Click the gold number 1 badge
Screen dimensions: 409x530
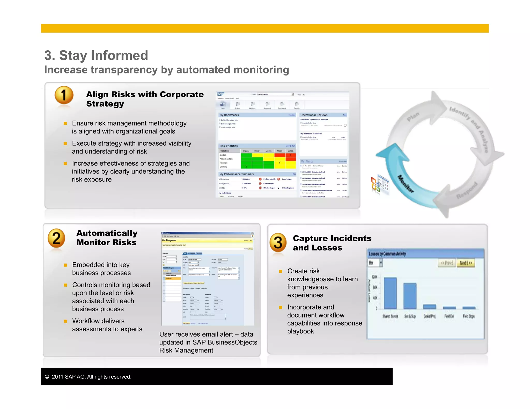click(x=64, y=95)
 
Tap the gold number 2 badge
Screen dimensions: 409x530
click(x=56, y=238)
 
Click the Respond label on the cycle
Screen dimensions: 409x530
click(x=467, y=191)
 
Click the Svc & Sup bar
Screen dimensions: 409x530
click(x=410, y=296)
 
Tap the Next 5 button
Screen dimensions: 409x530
click(x=466, y=263)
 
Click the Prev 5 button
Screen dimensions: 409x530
click(x=447, y=263)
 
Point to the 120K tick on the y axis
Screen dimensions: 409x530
click(x=374, y=277)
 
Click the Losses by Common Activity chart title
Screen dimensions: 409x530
click(x=387, y=254)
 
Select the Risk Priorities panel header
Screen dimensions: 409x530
click(x=229, y=146)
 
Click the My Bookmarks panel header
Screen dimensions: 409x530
click(x=229, y=115)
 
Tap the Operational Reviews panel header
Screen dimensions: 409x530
click(x=314, y=115)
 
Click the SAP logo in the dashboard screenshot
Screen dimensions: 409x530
click(x=220, y=94)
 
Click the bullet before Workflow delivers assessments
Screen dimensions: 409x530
click(x=65, y=321)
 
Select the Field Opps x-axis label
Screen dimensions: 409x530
click(x=469, y=316)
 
